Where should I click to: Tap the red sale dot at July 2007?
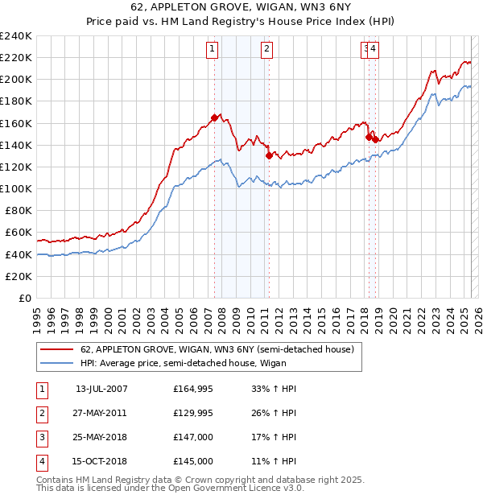pos(214,118)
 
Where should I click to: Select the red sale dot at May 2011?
pos(268,155)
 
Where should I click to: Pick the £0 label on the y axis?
pos(24,298)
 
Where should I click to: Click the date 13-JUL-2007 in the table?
pos(101,389)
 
